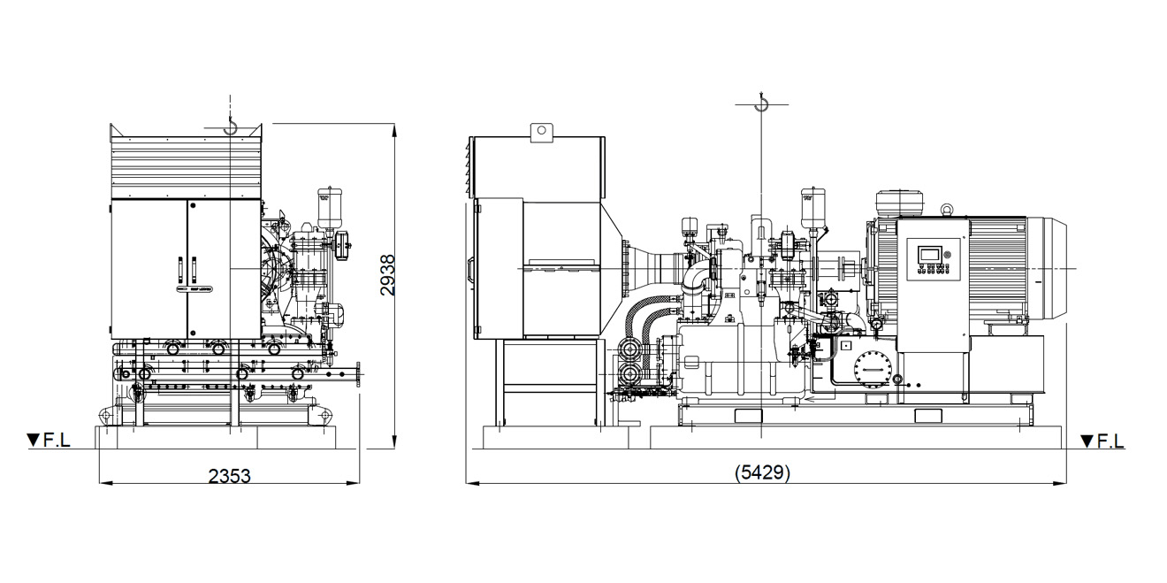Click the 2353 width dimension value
229,476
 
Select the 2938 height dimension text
387,275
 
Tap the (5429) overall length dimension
762,472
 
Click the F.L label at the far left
57,441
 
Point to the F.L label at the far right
1110,441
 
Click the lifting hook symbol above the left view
230,126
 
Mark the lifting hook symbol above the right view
761,104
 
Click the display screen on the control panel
930,255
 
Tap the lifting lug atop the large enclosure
542,133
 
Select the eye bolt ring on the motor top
946,209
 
